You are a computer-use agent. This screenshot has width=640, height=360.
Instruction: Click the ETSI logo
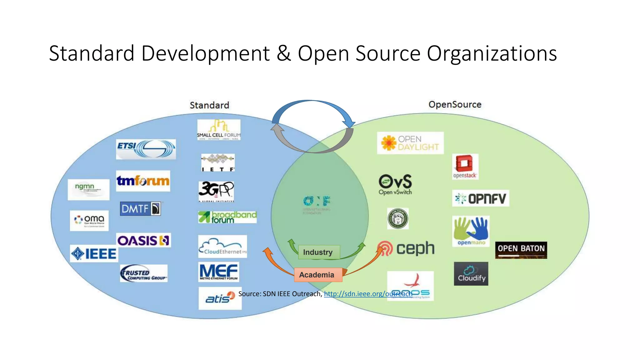point(146,149)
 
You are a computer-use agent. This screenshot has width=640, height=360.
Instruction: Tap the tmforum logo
point(143,181)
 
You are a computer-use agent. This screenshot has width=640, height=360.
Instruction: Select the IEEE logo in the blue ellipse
point(94,253)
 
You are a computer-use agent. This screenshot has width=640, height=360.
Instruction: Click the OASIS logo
point(143,240)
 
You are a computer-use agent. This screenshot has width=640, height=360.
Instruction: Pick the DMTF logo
point(141,208)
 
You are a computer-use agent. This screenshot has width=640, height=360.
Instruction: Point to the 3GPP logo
point(216,191)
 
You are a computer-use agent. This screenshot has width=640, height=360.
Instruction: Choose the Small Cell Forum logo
point(219,130)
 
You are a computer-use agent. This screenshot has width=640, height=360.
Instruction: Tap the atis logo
point(220,298)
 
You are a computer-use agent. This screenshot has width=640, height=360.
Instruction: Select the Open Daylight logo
point(410,143)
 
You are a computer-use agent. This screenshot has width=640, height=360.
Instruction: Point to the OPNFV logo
point(480,198)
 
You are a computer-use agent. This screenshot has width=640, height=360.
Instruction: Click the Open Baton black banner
point(521,250)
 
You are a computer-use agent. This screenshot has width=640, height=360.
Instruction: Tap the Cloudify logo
point(471,274)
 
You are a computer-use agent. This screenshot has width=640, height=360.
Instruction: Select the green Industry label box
point(318,252)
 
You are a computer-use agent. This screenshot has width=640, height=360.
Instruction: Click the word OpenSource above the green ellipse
point(455,104)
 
